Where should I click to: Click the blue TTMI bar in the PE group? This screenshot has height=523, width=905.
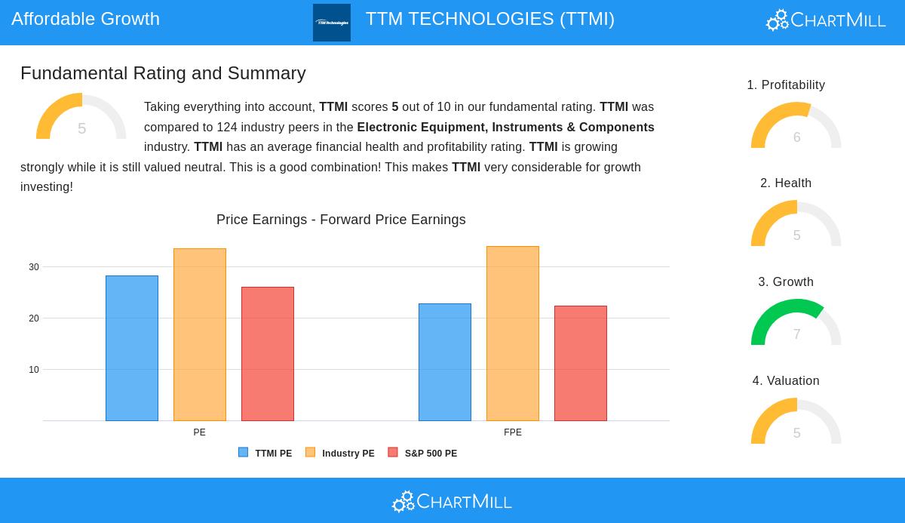click(x=132, y=348)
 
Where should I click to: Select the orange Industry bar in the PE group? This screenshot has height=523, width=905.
click(x=200, y=334)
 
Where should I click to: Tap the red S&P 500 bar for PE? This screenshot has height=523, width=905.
click(x=268, y=354)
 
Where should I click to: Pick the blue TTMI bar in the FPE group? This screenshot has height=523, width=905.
click(x=445, y=362)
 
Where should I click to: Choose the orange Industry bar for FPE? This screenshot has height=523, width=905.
click(x=513, y=334)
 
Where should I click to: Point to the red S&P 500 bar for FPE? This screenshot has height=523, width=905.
click(x=581, y=363)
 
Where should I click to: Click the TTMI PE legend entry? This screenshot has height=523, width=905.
click(x=265, y=453)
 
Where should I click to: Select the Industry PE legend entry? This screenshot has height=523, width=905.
click(x=340, y=453)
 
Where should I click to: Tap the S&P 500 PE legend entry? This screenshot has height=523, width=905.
click(x=422, y=453)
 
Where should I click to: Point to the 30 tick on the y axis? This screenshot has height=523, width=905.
click(x=34, y=267)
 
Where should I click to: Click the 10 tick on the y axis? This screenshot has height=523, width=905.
click(x=34, y=370)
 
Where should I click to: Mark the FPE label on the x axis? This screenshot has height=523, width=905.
click(x=513, y=432)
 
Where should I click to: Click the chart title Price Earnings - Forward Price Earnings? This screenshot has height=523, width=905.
click(x=341, y=220)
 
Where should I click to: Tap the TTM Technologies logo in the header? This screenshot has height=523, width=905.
click(x=332, y=23)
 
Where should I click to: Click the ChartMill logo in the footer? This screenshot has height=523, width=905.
click(x=452, y=501)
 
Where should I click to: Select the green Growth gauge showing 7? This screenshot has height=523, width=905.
click(x=796, y=323)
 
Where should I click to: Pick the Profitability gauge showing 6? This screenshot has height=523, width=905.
click(x=796, y=126)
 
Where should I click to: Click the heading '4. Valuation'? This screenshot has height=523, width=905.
click(x=786, y=381)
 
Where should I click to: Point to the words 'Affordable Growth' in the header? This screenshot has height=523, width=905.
click(x=86, y=19)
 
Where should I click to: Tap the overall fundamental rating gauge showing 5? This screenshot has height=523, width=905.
click(x=81, y=118)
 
